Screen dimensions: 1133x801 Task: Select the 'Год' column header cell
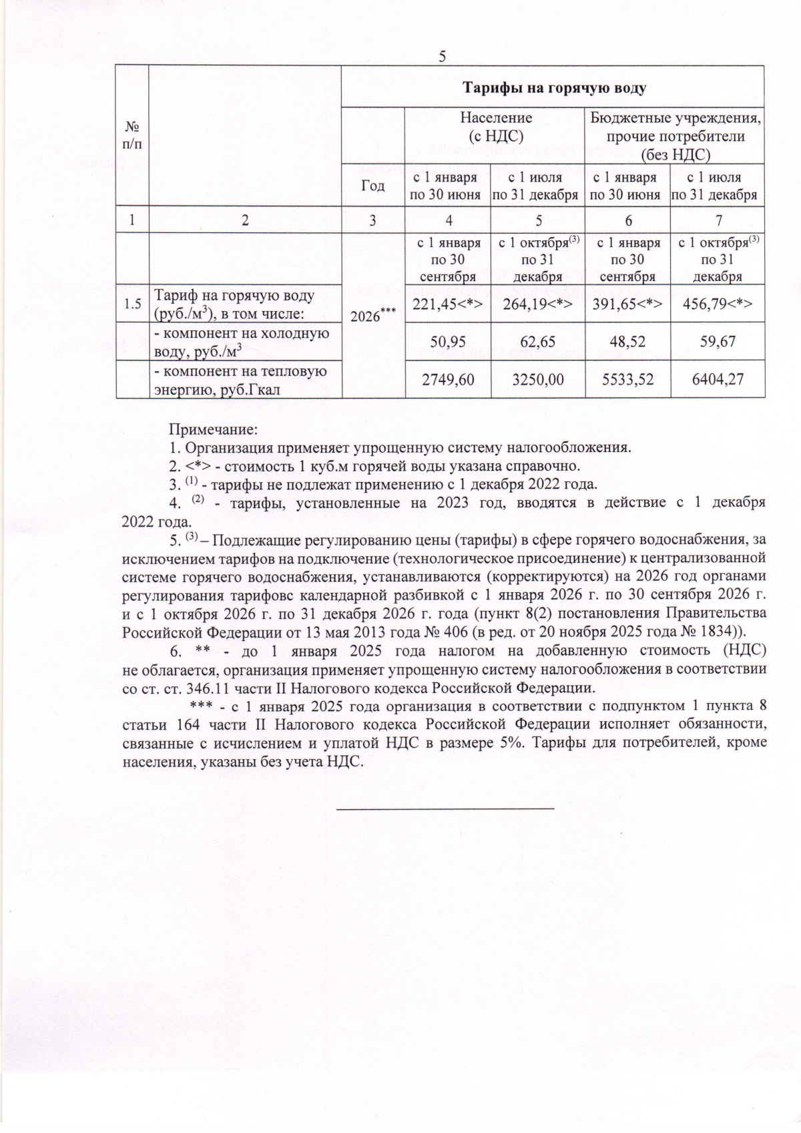coord(372,186)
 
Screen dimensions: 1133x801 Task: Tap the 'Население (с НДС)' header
coord(496,126)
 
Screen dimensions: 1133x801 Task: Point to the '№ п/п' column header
coord(132,134)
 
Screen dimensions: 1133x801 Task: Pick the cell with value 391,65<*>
coord(627,304)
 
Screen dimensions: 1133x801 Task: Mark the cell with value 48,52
coord(627,342)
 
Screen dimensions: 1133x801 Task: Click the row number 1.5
coord(132,304)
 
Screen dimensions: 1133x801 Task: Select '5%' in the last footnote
coord(510,743)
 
